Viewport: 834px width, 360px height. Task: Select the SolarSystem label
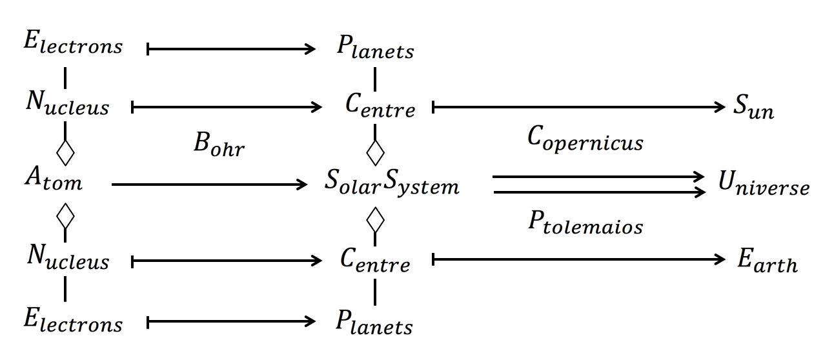tap(392, 185)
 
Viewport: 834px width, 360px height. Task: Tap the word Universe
tap(763, 186)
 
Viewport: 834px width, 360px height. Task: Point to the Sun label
tap(753, 109)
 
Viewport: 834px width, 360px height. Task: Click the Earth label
tap(768, 263)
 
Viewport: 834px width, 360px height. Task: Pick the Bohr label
tap(217, 147)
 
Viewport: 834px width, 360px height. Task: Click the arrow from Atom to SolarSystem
tap(210, 185)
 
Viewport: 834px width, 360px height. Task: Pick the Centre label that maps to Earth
tap(375, 263)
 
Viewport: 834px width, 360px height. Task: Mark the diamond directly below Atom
tap(65, 217)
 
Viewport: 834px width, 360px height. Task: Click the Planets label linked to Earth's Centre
tap(374, 323)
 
